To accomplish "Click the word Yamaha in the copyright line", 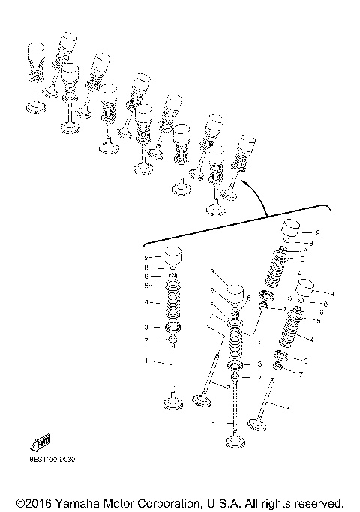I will coord(76,502).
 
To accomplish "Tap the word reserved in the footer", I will coord(319,502).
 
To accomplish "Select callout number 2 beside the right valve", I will coord(286,407).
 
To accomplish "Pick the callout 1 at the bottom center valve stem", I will coord(215,424).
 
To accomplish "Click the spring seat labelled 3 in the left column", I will coord(173,328).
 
